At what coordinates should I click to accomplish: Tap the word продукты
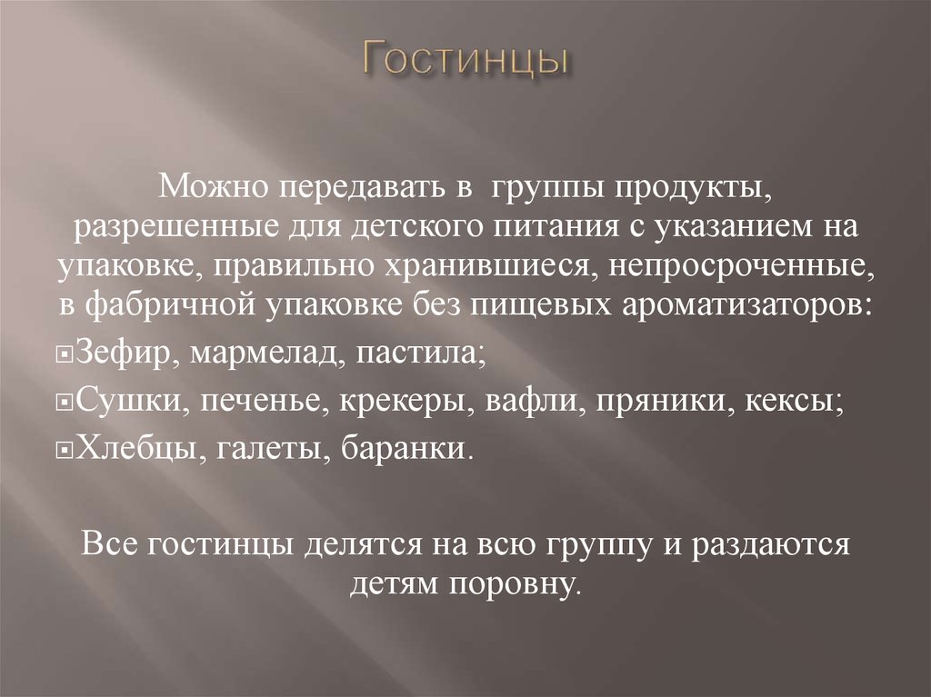coord(705,189)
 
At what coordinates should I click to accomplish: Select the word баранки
coord(408,449)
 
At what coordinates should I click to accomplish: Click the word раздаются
coord(769,544)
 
